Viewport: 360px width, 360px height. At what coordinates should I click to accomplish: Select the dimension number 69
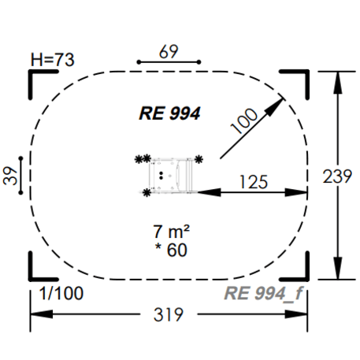pyautogui.click(x=169, y=51)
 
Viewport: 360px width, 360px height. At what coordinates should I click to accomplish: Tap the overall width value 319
pyautogui.click(x=168, y=315)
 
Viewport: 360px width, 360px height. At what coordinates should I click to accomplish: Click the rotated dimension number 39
pyautogui.click(x=11, y=175)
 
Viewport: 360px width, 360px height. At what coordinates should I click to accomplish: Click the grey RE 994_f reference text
pyautogui.click(x=264, y=295)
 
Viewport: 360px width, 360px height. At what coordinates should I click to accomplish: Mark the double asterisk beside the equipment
pyautogui.click(x=142, y=160)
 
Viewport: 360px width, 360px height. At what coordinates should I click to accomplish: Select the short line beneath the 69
pyautogui.click(x=169, y=61)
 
